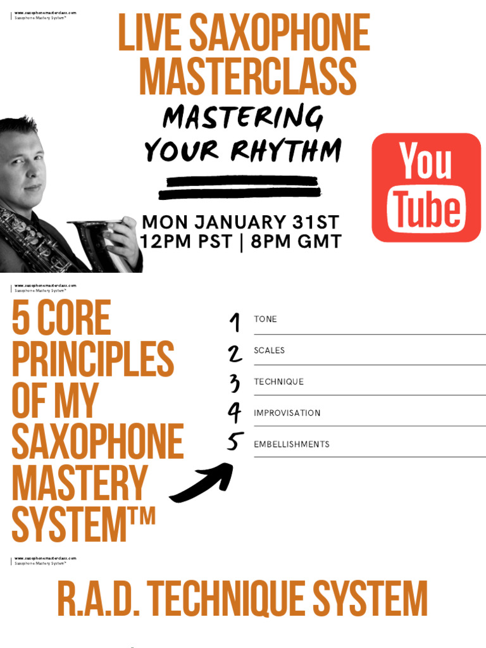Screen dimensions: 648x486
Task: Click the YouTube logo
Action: [x=426, y=188]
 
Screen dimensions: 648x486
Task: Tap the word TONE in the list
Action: [x=265, y=319]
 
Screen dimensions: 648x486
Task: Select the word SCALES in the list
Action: [x=269, y=350]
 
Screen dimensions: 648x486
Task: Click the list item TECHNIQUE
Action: [x=278, y=382]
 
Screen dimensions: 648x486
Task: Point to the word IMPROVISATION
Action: [x=287, y=413]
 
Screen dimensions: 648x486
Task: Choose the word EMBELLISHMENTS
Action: [x=291, y=444]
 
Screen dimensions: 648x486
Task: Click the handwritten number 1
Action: [x=235, y=322]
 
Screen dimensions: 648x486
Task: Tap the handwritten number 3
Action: [x=235, y=383]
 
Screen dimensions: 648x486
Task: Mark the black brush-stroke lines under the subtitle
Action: [x=240, y=187]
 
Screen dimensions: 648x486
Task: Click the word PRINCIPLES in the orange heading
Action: [x=92, y=359]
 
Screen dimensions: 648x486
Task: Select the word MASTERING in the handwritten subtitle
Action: [x=243, y=118]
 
